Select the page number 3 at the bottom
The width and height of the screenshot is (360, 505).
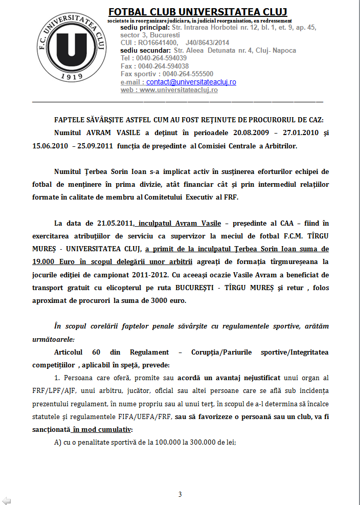pyautogui.click(x=180, y=494)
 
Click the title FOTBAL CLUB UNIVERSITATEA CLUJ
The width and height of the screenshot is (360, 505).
pyautogui.click(x=197, y=11)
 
